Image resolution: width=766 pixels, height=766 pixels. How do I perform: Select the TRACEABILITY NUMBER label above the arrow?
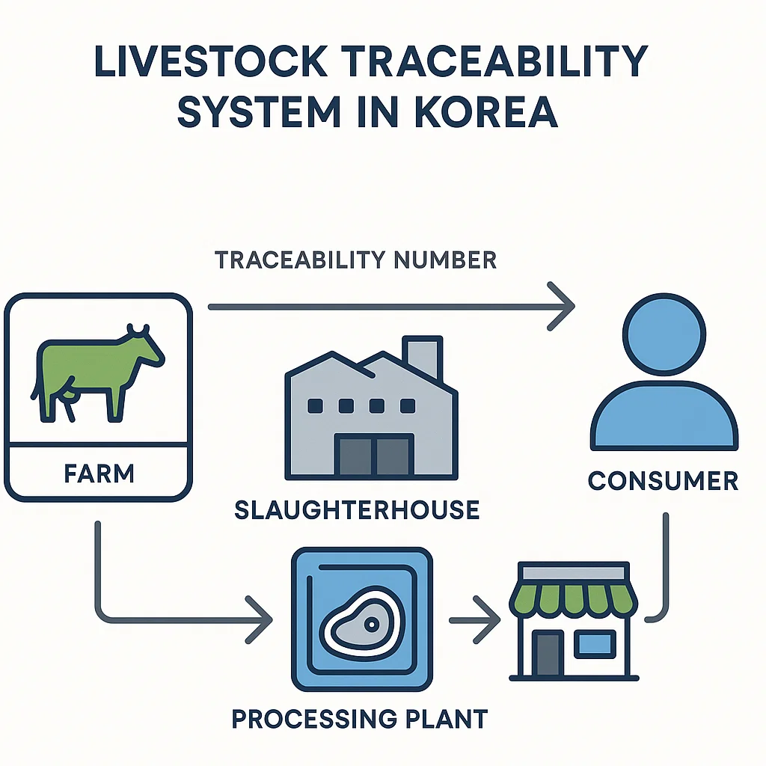click(355, 260)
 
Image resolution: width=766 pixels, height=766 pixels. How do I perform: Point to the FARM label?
click(99, 473)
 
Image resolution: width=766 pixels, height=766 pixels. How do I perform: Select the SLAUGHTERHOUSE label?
click(357, 510)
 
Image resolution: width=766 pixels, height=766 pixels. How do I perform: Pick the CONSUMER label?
click(663, 480)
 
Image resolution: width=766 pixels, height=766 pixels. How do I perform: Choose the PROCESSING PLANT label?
click(359, 719)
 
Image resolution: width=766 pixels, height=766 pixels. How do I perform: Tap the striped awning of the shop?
click(573, 595)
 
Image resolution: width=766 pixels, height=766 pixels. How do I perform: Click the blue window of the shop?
click(596, 643)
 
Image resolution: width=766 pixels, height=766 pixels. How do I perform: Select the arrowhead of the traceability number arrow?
click(563, 306)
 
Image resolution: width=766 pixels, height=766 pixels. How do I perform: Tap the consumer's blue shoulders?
click(664, 419)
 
